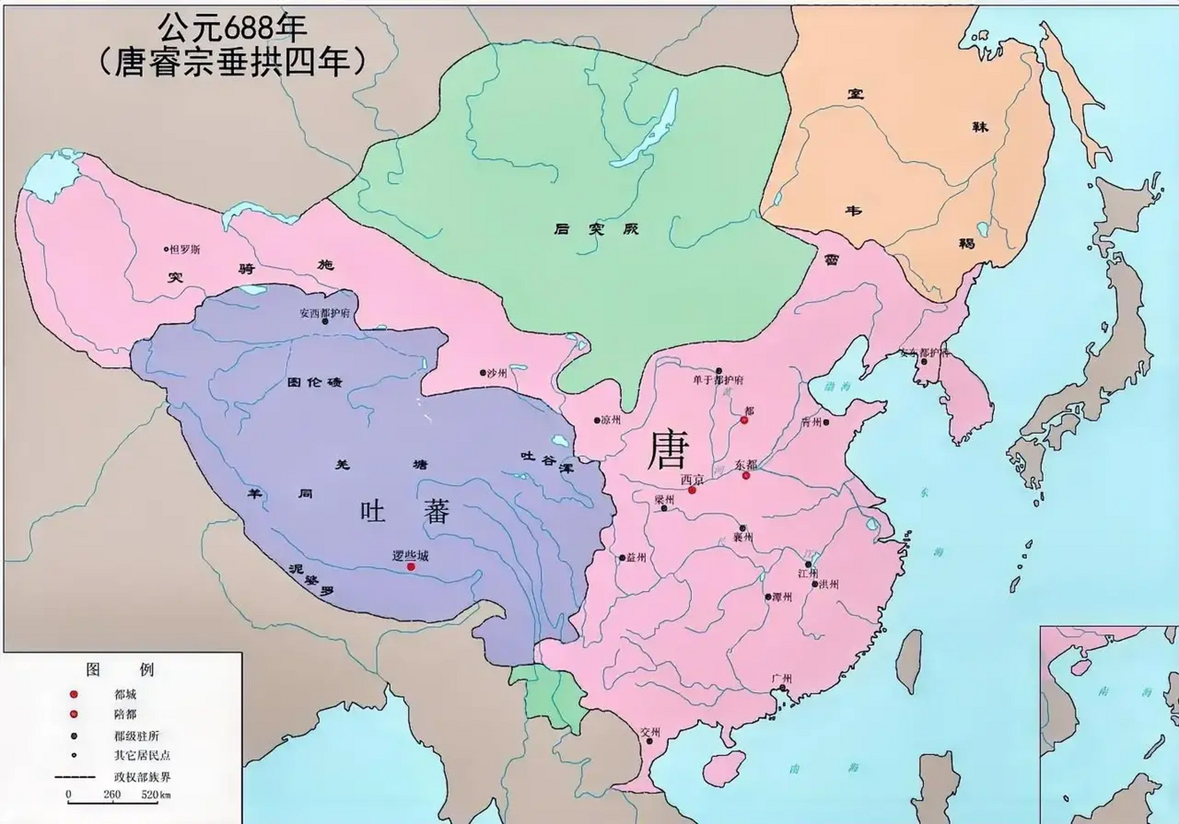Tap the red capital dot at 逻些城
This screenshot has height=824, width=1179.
click(411, 567)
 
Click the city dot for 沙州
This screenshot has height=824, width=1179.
click(483, 373)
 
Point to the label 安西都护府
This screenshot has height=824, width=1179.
click(325, 314)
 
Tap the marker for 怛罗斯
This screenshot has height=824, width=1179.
click(166, 249)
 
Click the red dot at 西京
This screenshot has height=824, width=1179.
click(692, 491)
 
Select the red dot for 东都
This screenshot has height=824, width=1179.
click(746, 476)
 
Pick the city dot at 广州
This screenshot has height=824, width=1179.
click(782, 688)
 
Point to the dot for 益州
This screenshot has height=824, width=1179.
click(622, 557)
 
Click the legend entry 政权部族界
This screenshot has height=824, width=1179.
click(142, 777)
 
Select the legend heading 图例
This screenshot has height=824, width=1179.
click(120, 669)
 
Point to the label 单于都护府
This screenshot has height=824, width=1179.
click(717, 380)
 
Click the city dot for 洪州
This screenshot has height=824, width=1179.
click(815, 585)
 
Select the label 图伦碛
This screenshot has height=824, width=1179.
click(314, 382)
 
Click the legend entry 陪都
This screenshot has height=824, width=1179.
click(126, 715)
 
